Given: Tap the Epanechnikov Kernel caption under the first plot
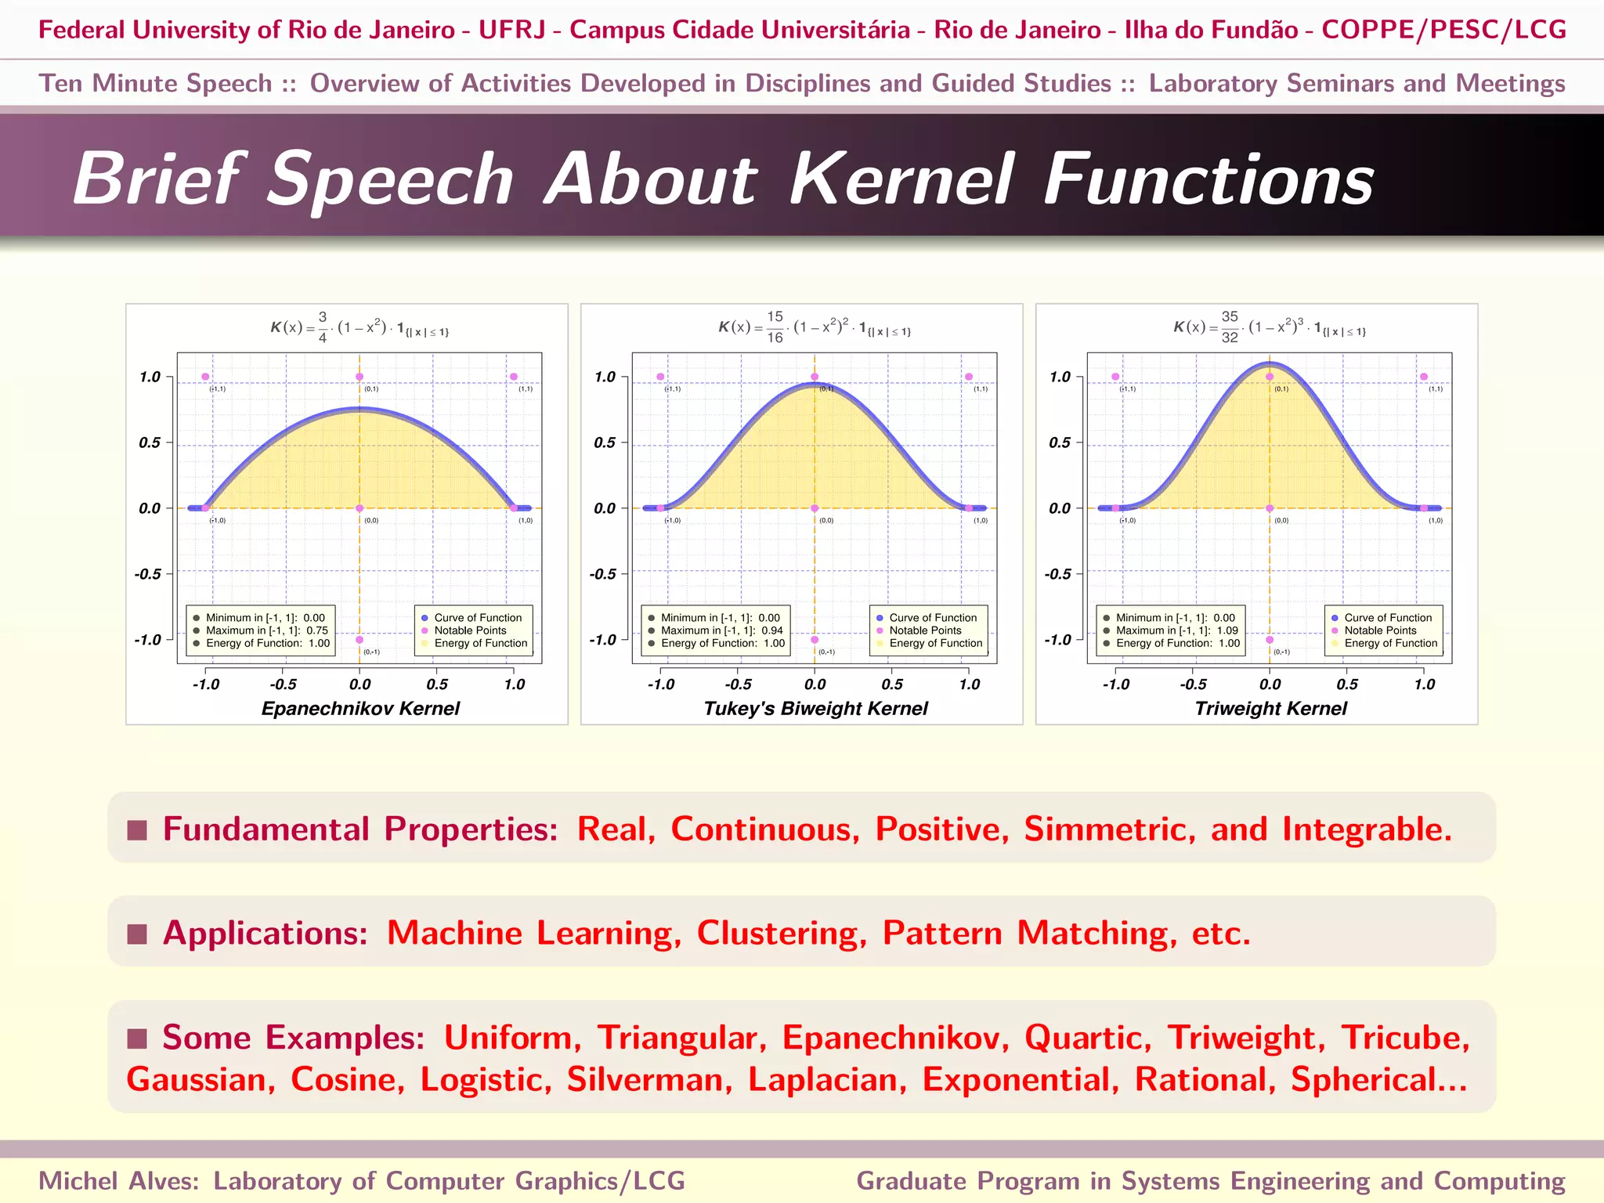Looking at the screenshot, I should click(360, 709).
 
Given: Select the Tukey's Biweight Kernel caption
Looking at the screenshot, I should click(815, 709).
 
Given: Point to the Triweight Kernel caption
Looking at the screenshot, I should click(1270, 709).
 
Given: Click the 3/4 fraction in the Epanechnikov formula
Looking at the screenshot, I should click(323, 327).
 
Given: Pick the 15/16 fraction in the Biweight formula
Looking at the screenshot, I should click(775, 327).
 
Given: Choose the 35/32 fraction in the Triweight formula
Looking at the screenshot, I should click(1230, 327).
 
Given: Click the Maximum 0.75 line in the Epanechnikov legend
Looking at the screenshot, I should click(266, 630).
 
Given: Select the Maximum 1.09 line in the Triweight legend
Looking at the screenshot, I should click(1176, 630).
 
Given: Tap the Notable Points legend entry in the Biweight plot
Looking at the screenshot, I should click(925, 630).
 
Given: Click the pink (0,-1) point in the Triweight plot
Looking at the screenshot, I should click(1270, 640).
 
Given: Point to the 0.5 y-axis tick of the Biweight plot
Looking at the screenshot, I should click(605, 443).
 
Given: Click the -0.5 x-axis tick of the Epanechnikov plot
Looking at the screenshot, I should click(283, 685).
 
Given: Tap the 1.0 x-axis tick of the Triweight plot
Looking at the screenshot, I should click(1424, 685).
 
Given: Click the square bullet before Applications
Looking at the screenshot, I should click(137, 934).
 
